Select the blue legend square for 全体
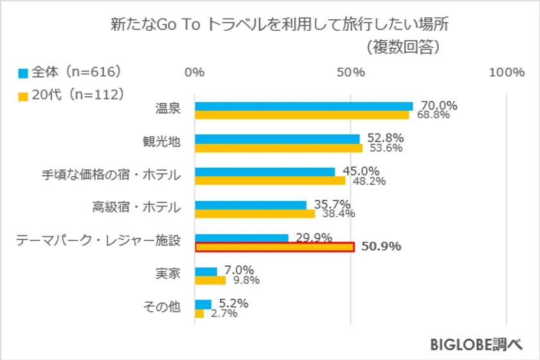coord(22,73)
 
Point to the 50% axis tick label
coord(351,73)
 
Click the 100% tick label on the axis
coord(507,73)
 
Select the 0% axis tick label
coord(195,73)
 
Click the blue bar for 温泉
coord(303,106)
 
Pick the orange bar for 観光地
coord(278,148)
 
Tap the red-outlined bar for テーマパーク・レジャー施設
coord(274,247)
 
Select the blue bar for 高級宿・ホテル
coord(250,205)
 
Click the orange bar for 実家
coord(210,280)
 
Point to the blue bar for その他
coord(203,304)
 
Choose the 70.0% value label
coord(438,105)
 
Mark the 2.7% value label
coord(224,314)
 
